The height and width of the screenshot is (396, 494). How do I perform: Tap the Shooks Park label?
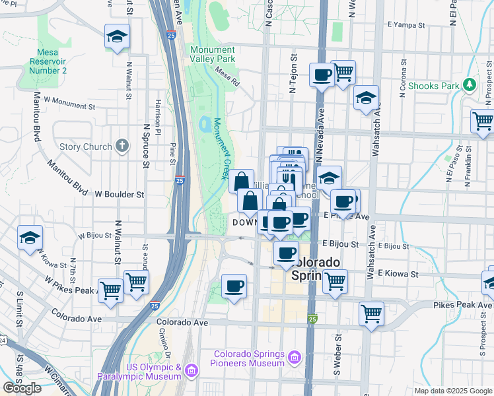tap(433, 86)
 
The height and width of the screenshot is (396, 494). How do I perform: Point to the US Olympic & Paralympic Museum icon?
tap(191, 371)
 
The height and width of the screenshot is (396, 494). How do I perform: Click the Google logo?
tap(22, 388)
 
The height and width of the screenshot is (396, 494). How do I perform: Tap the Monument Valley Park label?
tap(213, 54)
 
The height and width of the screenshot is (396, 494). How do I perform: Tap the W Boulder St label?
tap(120, 195)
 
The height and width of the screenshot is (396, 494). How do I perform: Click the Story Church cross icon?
tap(122, 145)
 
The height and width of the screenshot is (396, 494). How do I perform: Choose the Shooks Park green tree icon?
tap(469, 84)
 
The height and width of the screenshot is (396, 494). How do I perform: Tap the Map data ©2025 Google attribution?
tap(453, 391)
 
